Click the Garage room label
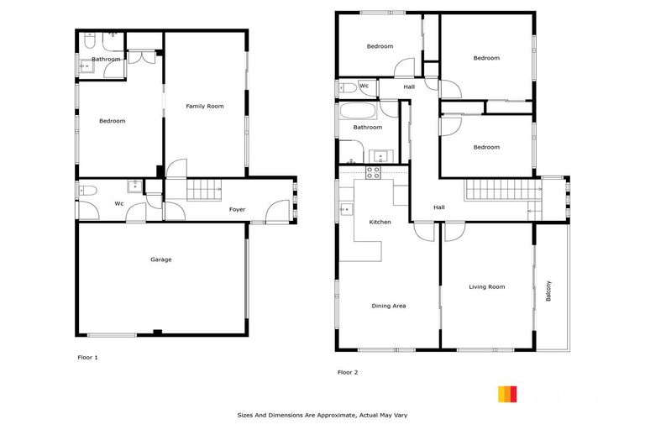click(x=160, y=260)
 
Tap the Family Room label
click(x=205, y=107)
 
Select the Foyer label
click(x=238, y=209)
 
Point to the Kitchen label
click(x=380, y=222)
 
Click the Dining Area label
click(x=388, y=306)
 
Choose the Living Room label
click(x=486, y=287)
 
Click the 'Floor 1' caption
click(x=87, y=358)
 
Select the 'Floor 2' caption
click(x=348, y=372)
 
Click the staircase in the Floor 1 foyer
click(x=202, y=191)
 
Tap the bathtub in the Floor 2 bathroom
click(x=359, y=110)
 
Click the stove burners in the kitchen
click(x=373, y=172)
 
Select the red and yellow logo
click(x=507, y=394)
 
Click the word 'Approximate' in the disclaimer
click(x=332, y=415)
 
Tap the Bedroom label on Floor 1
click(x=112, y=121)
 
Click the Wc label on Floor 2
click(x=364, y=86)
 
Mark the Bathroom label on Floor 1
click(x=106, y=60)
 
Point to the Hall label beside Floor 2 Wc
click(x=409, y=87)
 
